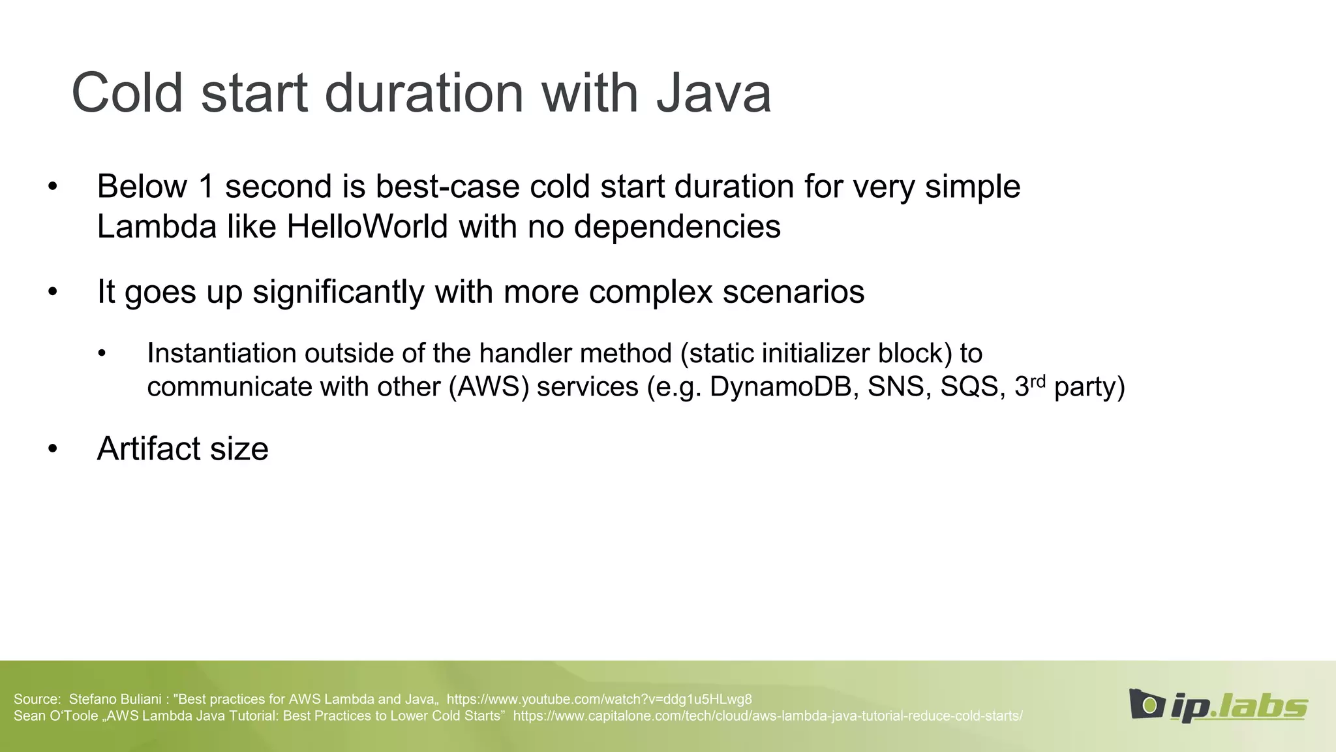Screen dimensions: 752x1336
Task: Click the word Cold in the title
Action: click(x=127, y=93)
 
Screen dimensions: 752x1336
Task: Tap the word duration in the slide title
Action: click(x=424, y=93)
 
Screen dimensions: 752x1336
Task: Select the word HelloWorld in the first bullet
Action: click(x=367, y=227)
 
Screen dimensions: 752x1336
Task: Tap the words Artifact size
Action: click(x=183, y=449)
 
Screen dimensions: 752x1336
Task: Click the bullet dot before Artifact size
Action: click(x=53, y=449)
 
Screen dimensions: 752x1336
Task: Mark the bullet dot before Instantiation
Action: click(x=101, y=354)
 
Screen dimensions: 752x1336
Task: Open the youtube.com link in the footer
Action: click(x=599, y=699)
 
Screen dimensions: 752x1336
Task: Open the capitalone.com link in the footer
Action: click(x=768, y=716)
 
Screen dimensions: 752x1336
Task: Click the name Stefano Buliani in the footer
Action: click(x=115, y=699)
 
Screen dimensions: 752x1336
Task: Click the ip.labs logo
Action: click(x=1218, y=706)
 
